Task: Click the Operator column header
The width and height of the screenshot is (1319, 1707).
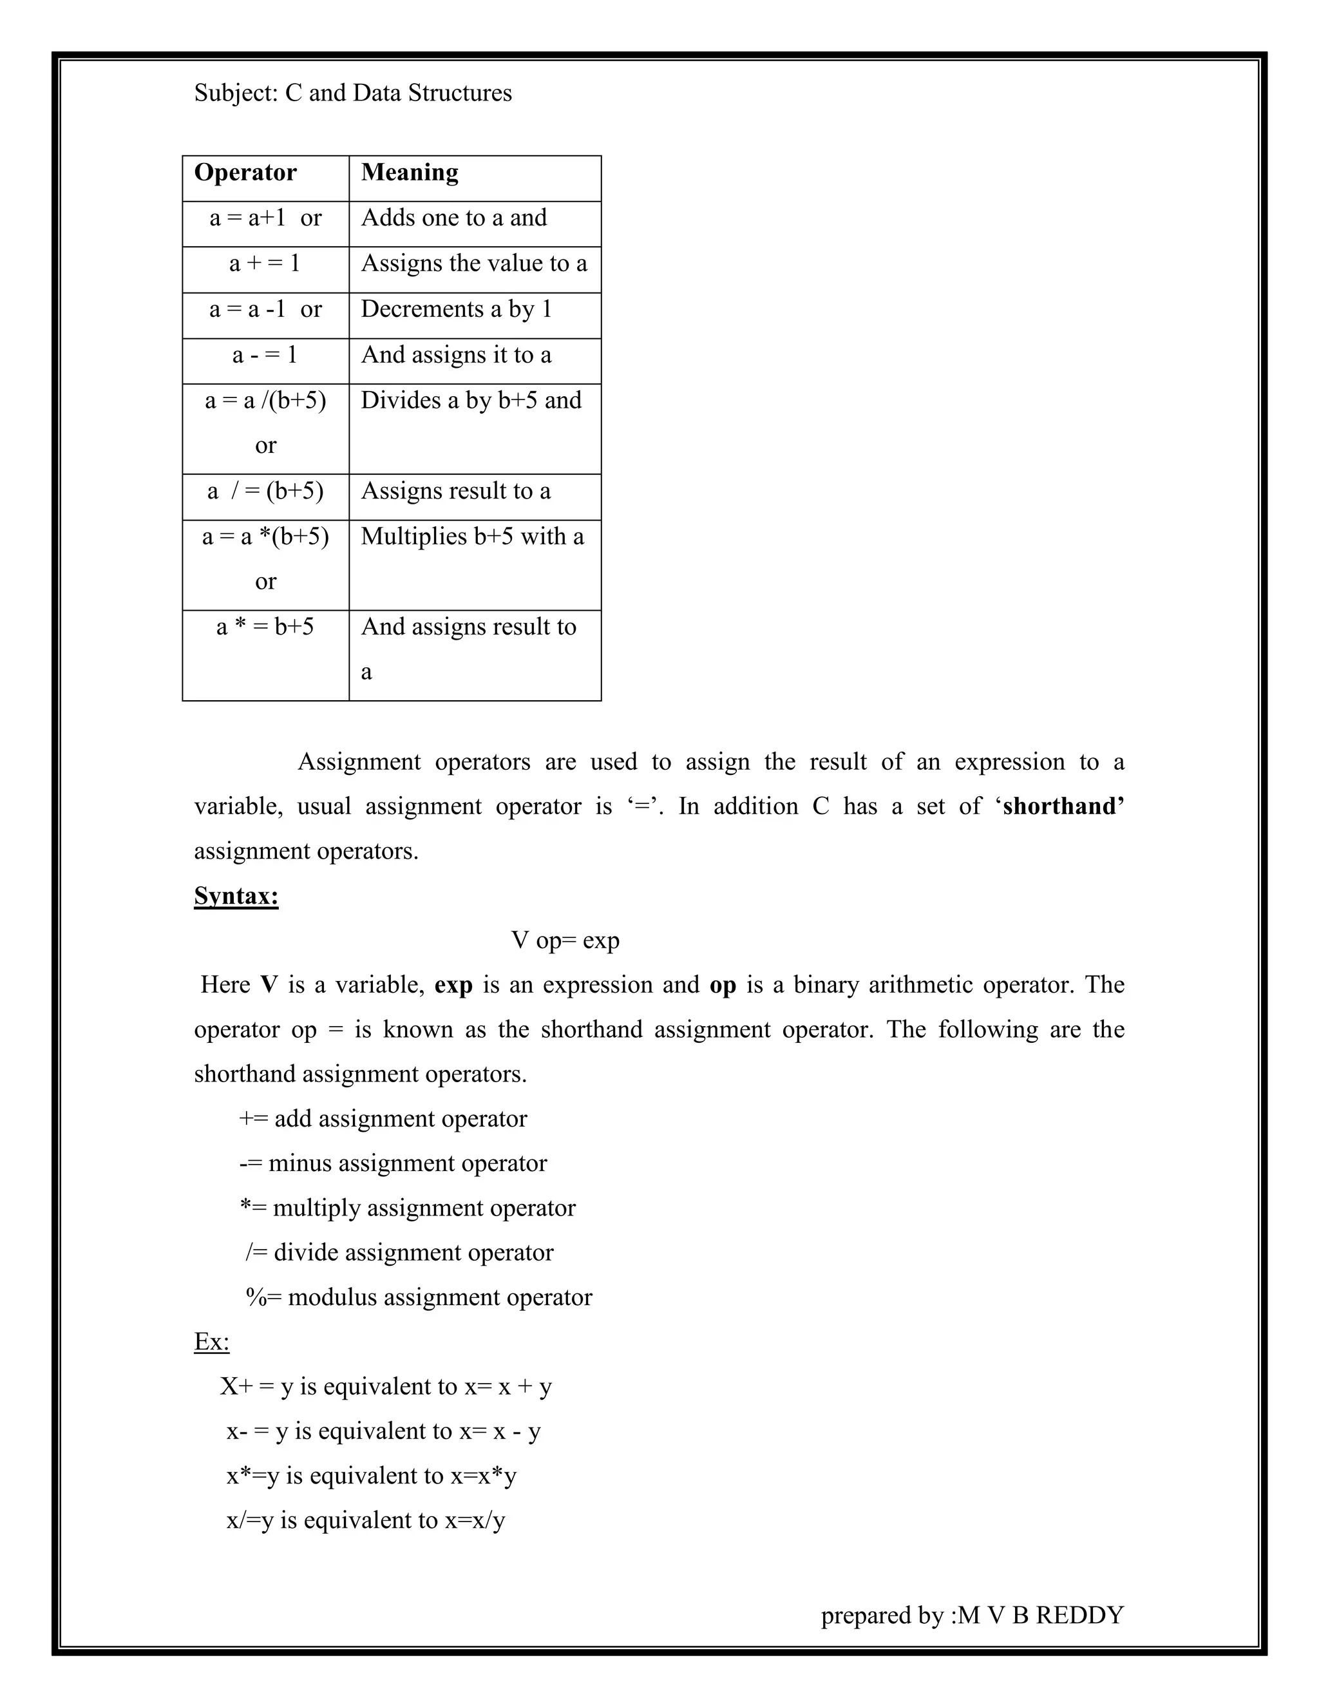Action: point(245,173)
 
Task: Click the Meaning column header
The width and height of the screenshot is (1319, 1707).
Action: point(410,173)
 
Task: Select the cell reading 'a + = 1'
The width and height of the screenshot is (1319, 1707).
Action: point(265,264)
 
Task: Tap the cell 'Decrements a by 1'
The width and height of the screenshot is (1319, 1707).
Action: point(457,309)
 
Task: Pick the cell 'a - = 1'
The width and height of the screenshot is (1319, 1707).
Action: point(265,356)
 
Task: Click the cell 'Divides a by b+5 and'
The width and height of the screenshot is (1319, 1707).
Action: point(471,401)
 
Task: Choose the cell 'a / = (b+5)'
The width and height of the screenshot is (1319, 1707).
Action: point(265,491)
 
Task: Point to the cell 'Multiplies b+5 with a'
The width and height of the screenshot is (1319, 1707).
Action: point(472,537)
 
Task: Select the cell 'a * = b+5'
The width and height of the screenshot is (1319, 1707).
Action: point(265,627)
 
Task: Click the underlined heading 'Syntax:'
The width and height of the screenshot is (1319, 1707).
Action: point(236,896)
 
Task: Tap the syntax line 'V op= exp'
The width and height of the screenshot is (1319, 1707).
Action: point(565,940)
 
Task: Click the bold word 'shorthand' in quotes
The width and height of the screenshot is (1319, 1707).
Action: point(1063,806)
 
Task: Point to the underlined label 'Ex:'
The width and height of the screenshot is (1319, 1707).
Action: point(212,1342)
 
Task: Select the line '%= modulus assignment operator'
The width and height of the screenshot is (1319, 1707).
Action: point(419,1297)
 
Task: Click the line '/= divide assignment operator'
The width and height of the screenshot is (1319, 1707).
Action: point(399,1253)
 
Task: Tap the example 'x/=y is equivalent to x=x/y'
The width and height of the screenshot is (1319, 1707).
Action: point(366,1520)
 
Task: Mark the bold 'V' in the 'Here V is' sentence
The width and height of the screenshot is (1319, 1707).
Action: point(269,985)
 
